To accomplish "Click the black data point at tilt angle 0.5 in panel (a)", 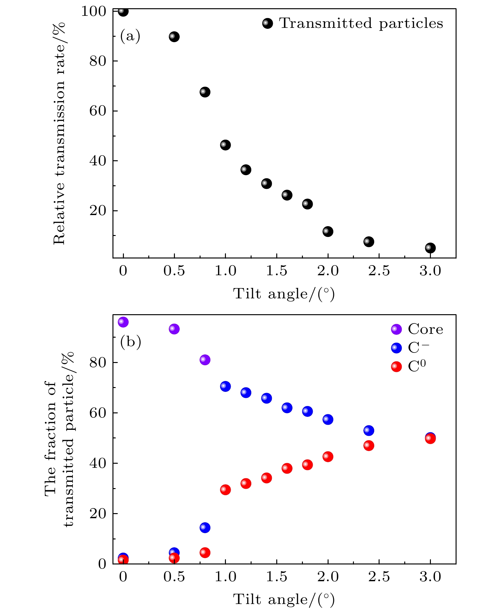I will (174, 37).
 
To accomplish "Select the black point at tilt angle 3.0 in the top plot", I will (430, 248).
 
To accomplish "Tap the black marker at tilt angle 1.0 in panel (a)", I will (225, 145).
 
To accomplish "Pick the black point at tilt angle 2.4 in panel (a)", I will (368, 242).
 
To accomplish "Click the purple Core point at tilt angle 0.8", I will (205, 360).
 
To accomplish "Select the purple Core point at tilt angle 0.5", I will (174, 329).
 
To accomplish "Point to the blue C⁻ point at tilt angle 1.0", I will (225, 386).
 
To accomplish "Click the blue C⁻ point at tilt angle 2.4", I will (368, 430).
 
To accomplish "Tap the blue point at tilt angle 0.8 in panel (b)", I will (205, 528).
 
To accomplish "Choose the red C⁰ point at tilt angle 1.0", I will (225, 490).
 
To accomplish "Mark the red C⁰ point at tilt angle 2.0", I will (328, 457).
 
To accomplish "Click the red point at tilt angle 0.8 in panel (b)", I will (205, 553).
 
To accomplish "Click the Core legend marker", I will (396, 329).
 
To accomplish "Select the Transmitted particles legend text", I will (361, 23).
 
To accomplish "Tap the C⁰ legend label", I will (417, 366).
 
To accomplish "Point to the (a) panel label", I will (130, 36).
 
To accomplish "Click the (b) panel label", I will (130, 342).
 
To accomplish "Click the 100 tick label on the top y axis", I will (93, 11).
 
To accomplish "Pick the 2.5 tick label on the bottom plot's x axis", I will (379, 577).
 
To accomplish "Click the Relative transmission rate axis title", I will (59, 133).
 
